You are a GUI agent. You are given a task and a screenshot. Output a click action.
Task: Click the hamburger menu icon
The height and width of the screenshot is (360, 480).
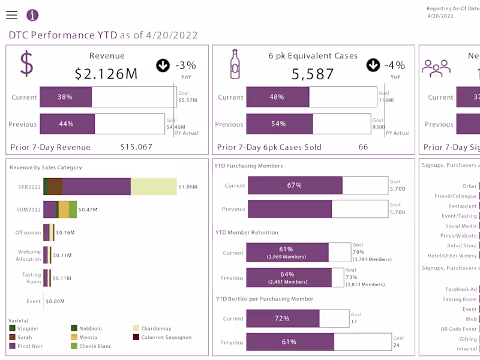point(12,16)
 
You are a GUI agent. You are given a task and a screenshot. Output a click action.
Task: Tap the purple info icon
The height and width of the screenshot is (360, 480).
point(32,16)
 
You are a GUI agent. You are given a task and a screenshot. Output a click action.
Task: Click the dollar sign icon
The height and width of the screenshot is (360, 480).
point(26,64)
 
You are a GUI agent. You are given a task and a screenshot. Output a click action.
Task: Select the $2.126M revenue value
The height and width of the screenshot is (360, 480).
point(106,74)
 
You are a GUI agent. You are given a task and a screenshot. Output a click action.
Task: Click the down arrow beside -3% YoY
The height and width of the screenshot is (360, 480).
point(163,65)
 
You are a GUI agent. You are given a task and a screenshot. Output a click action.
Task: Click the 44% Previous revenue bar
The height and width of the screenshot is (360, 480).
point(67,124)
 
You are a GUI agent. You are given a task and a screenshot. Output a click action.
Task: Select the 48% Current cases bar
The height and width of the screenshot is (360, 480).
point(277,97)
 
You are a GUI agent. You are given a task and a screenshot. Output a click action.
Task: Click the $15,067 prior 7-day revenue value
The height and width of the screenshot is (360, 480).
point(136,147)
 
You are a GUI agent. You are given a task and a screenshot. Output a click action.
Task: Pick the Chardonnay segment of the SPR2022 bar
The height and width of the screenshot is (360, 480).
point(154,187)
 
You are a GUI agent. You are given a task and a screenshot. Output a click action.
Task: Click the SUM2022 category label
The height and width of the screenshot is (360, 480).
point(29,209)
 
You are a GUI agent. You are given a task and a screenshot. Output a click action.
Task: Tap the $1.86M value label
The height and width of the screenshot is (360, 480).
point(188,187)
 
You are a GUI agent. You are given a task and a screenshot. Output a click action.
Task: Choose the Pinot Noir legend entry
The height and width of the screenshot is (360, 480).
point(30,346)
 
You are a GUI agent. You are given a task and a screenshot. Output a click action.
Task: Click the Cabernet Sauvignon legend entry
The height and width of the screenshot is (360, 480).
point(162,337)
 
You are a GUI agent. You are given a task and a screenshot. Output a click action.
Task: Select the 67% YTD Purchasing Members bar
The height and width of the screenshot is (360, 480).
point(295,185)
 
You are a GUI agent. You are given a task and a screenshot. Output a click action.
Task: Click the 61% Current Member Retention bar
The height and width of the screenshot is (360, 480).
point(287,253)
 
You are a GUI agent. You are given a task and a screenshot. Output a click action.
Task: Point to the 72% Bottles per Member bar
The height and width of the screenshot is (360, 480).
point(283,319)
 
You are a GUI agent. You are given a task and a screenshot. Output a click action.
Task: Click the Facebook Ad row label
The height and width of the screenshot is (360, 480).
point(461,289)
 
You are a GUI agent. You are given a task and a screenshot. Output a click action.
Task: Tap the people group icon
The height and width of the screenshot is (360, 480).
point(436,67)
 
